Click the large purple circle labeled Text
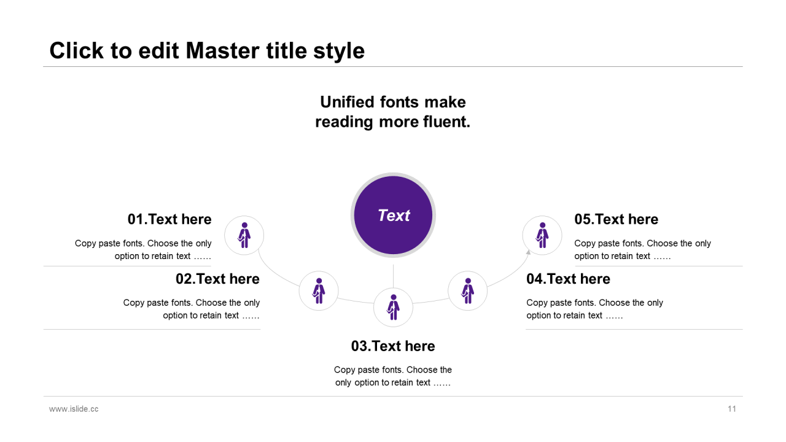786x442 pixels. [393, 215]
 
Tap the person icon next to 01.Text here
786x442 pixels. [244, 235]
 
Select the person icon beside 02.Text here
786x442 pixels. [319, 291]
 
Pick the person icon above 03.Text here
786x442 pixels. [393, 308]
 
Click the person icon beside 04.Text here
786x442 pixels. [468, 291]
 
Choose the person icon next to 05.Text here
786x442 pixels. [542, 235]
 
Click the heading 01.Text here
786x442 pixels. [169, 219]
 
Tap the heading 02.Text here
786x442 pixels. [217, 279]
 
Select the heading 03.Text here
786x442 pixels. [393, 346]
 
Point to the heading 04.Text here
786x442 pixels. [568, 279]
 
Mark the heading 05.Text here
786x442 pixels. [616, 219]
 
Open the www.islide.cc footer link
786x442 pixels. [74, 409]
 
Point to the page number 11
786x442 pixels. [731, 409]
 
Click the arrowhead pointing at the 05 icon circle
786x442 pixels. [528, 252]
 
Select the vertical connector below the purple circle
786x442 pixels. [393, 276]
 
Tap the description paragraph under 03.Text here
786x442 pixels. [393, 376]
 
